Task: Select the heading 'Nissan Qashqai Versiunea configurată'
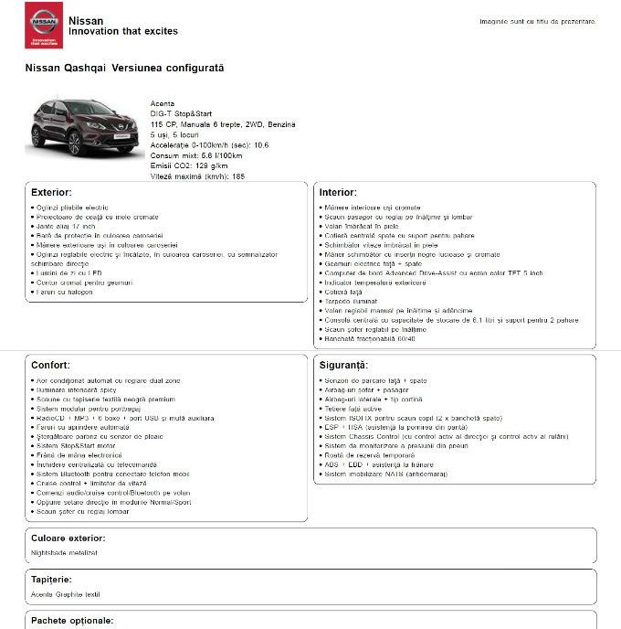(124, 69)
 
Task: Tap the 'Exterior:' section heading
(51, 193)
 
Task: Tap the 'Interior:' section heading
(338, 193)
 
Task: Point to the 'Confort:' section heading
(51, 365)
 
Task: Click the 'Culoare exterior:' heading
(68, 538)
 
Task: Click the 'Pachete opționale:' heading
(72, 621)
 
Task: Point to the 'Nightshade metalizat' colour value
(64, 552)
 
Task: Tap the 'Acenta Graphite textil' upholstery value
(65, 594)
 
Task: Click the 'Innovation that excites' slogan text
(123, 31)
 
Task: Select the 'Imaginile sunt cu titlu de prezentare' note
(537, 21)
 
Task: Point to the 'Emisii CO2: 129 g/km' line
(189, 165)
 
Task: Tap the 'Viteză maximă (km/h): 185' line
(197, 176)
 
